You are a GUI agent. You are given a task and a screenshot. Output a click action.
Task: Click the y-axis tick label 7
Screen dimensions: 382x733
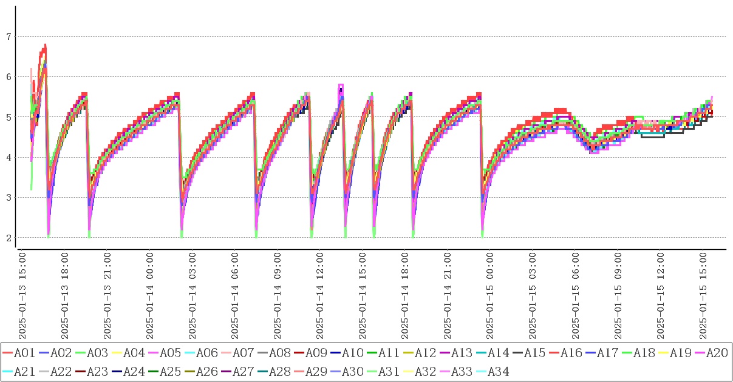9,37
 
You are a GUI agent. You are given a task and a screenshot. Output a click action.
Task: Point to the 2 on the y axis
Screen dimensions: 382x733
9,238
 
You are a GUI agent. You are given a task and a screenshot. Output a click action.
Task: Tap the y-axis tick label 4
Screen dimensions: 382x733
9,158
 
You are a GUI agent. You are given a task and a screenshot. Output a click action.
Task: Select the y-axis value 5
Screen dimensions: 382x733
9,117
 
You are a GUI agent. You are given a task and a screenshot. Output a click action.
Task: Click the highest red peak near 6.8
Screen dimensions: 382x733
44,46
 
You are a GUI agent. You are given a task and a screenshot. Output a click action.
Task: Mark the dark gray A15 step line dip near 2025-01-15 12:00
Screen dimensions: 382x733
653,137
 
